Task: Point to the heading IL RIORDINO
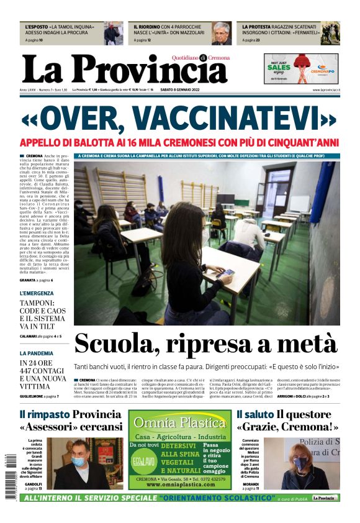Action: point(146,27)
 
